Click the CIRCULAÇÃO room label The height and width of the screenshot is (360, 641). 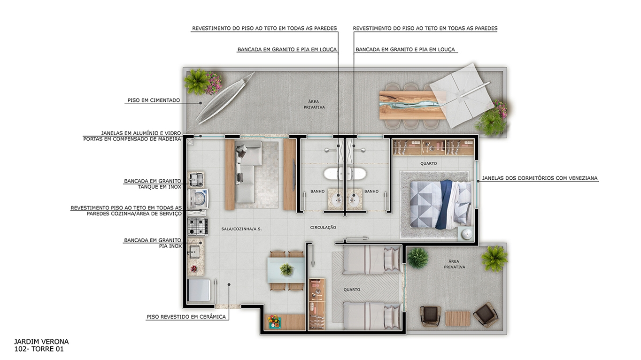[x=323, y=228]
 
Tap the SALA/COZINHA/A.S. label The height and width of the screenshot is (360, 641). [x=241, y=229]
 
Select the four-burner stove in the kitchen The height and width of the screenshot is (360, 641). [x=198, y=226]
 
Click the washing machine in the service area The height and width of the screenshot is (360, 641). [x=198, y=198]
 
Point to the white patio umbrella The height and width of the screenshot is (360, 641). [x=460, y=96]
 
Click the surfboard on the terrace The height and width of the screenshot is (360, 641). [x=225, y=98]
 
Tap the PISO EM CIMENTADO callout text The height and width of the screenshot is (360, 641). [x=154, y=100]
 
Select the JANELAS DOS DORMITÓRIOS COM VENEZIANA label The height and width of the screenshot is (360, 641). [x=540, y=178]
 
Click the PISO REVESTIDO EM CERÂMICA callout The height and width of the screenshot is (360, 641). [x=186, y=317]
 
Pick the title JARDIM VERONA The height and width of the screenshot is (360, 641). [x=41, y=342]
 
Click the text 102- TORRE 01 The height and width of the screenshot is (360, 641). [x=39, y=349]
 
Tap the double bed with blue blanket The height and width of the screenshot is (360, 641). [x=440, y=205]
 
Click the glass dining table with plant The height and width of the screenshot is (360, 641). [x=286, y=269]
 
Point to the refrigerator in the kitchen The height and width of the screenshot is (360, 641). [x=199, y=290]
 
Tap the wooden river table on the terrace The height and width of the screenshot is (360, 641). [x=413, y=105]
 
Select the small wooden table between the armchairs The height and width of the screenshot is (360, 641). [x=457, y=319]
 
